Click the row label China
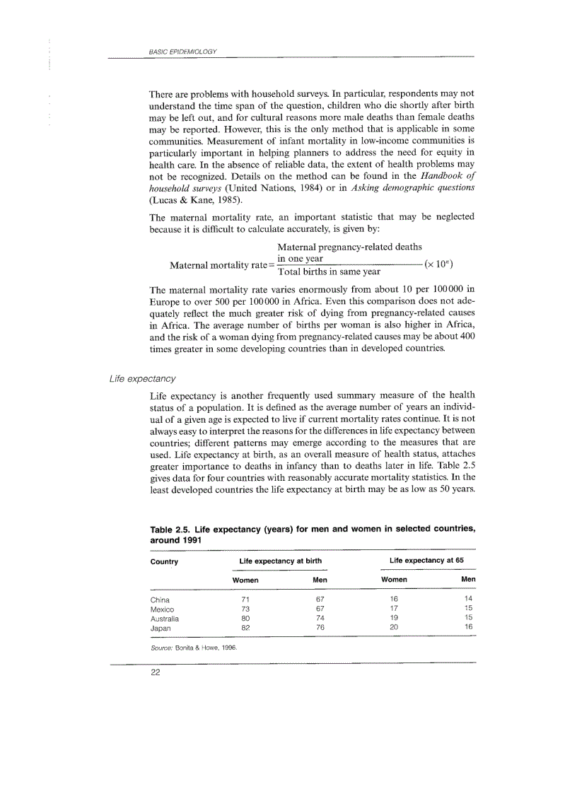pyautogui.click(x=160, y=600)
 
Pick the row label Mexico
pyautogui.click(x=162, y=609)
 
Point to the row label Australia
pyautogui.click(x=165, y=617)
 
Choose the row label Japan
pyautogui.click(x=161, y=626)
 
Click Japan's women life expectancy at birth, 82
pyautogui.click(x=245, y=626)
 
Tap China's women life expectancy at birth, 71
pyautogui.click(x=245, y=600)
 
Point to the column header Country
pyautogui.click(x=164, y=561)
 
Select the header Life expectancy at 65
pyautogui.click(x=426, y=561)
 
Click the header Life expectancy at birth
pyautogui.click(x=281, y=561)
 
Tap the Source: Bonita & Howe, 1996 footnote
pyautogui.click(x=193, y=647)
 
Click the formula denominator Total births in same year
pyautogui.click(x=329, y=272)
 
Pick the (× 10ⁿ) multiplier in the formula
pyautogui.click(x=438, y=265)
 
